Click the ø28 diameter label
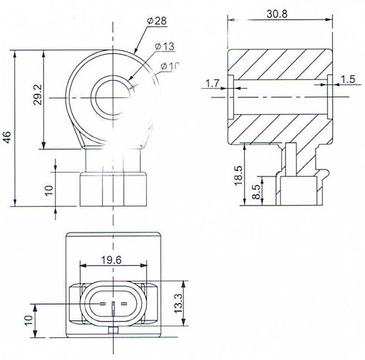point(157,21)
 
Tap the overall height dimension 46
point(7,137)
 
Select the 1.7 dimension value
point(212,84)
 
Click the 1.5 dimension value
point(348,79)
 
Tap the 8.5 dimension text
point(257,192)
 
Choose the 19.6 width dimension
point(110,260)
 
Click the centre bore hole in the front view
point(111,98)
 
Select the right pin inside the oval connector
point(123,304)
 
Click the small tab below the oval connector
point(113,330)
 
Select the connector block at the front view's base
point(111,189)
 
